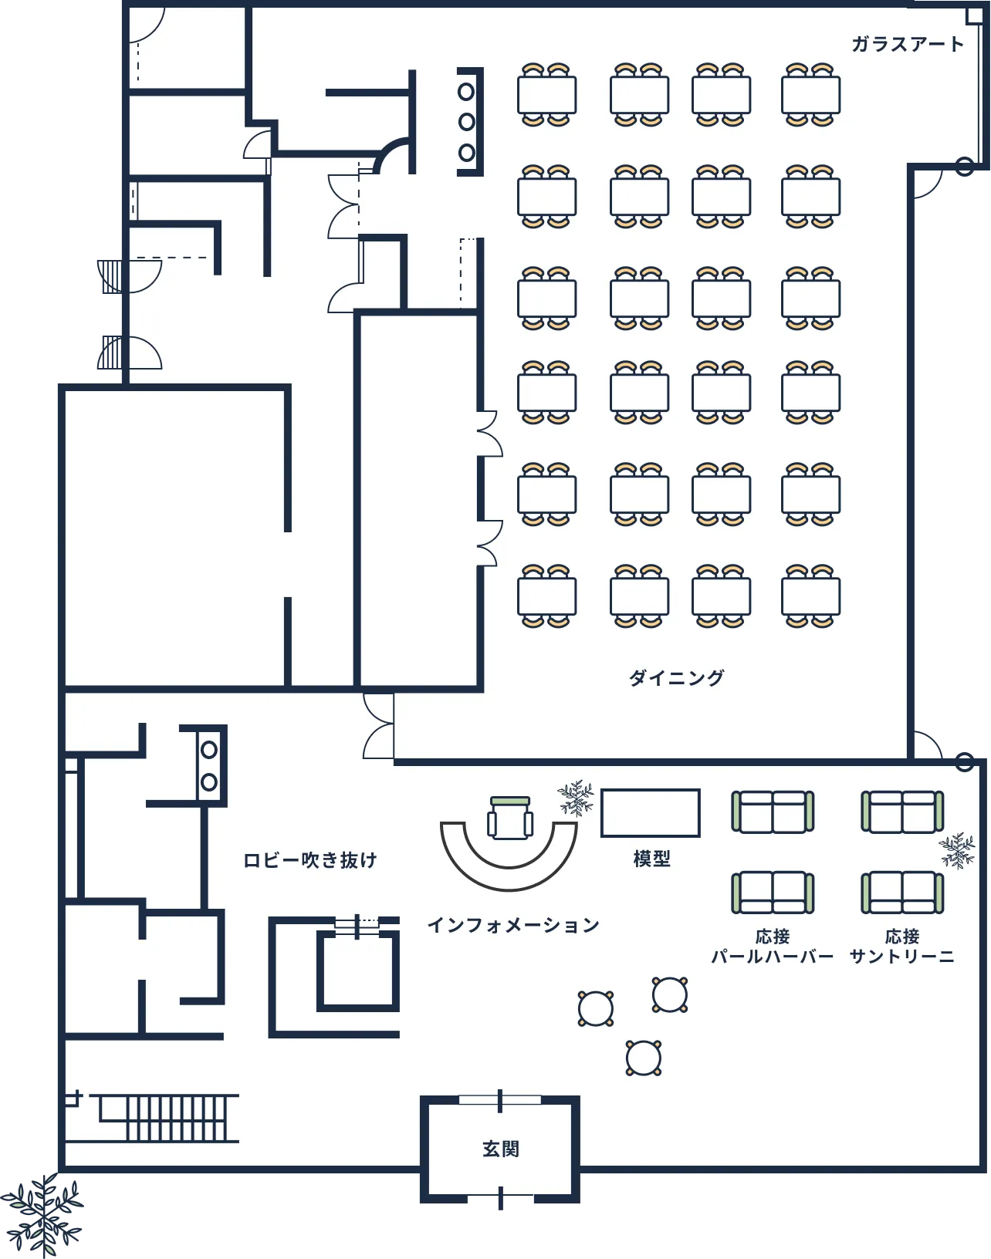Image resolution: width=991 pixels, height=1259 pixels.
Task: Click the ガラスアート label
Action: click(908, 44)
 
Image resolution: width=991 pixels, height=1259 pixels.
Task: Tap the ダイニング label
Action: click(677, 677)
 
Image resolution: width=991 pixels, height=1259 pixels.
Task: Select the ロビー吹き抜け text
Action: click(310, 861)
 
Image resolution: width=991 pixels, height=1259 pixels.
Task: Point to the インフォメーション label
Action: click(513, 925)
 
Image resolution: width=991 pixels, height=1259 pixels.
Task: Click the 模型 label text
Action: click(651, 859)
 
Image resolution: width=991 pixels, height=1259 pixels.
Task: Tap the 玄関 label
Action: click(500, 1149)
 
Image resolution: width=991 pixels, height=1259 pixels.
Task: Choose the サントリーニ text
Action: click(902, 957)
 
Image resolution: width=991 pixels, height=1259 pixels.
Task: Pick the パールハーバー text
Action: click(772, 957)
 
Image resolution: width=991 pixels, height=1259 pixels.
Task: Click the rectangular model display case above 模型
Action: click(651, 813)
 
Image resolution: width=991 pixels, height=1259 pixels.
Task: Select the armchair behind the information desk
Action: click(510, 818)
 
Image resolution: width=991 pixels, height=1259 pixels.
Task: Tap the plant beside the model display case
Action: click(577, 798)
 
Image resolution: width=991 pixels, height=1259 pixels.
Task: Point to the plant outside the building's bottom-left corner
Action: click(42, 1216)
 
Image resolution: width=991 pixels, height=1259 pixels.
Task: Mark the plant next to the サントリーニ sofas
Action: click(957, 851)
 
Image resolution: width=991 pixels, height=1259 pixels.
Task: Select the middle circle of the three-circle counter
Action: click(466, 122)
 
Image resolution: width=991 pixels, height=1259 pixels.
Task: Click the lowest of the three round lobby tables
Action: click(644, 1058)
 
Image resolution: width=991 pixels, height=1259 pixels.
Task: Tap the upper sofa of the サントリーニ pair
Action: click(902, 812)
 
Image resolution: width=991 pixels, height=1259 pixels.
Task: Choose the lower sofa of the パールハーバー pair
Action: click(772, 893)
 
